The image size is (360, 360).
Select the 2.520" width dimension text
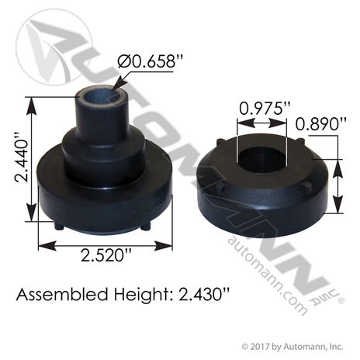coord(106,255)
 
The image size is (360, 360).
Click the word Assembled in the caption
coord(62,295)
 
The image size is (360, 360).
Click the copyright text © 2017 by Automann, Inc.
coord(292,347)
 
